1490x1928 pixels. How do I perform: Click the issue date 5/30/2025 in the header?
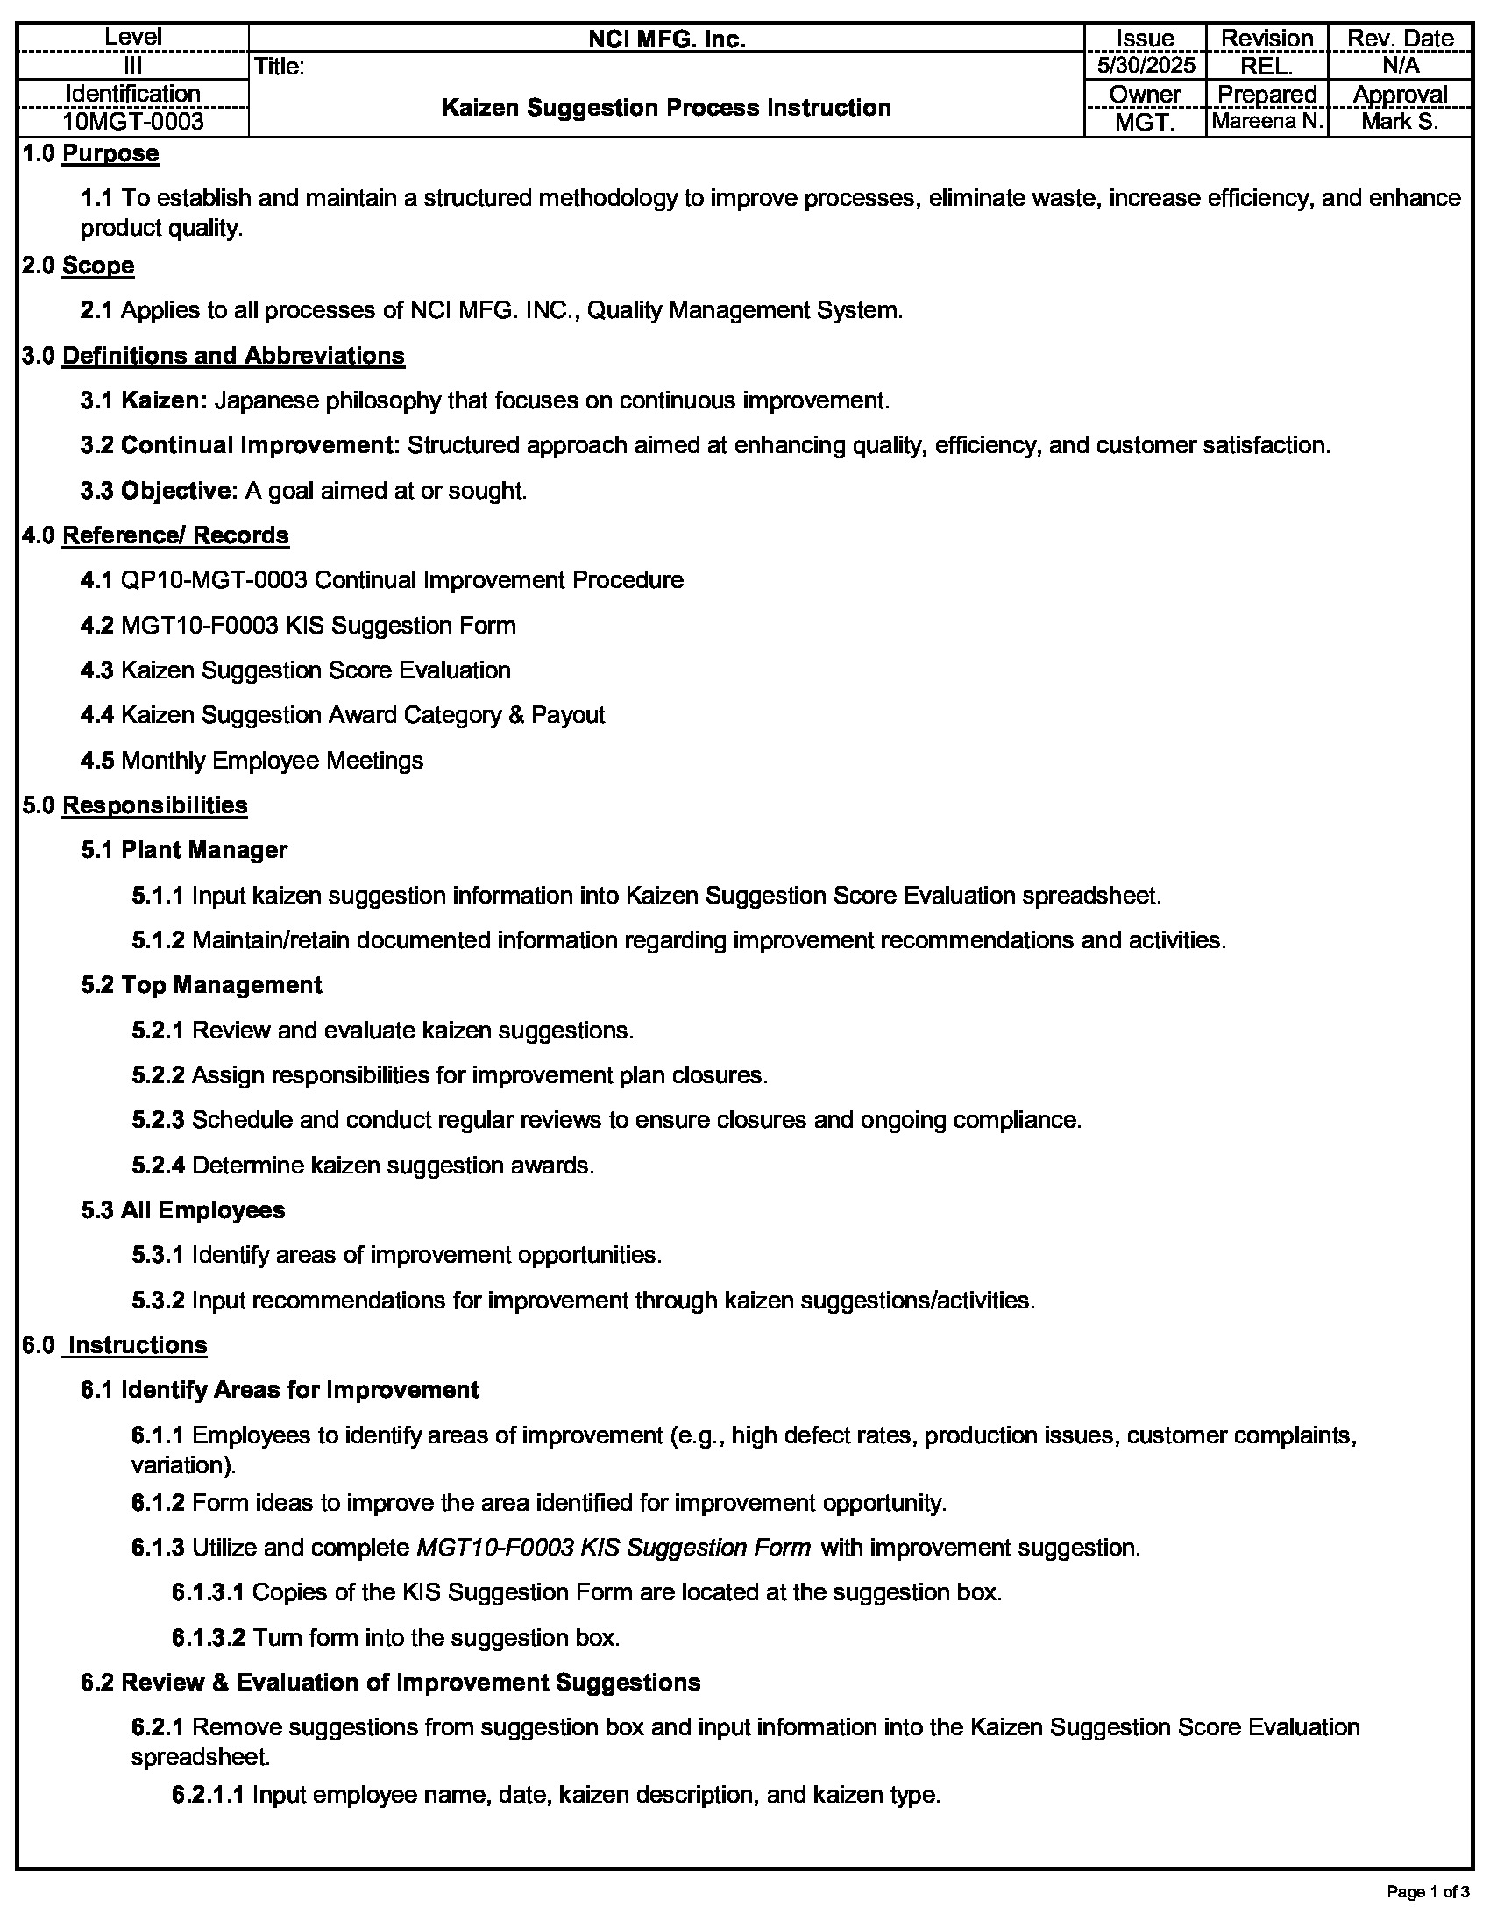[x=1145, y=66]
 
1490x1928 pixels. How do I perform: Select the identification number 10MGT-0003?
[x=133, y=122]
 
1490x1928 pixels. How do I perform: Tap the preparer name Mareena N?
[x=1266, y=122]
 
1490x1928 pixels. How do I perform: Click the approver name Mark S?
[x=1399, y=122]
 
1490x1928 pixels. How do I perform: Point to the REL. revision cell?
[x=1266, y=67]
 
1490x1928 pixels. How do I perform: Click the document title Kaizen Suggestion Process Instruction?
[x=665, y=108]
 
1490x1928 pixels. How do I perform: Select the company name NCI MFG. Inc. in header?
[x=666, y=39]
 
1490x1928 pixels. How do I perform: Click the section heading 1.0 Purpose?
[x=91, y=153]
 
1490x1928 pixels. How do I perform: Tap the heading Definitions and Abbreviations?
[x=233, y=356]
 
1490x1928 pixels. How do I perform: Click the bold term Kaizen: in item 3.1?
[x=163, y=400]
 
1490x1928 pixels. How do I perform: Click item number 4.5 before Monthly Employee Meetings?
[x=97, y=761]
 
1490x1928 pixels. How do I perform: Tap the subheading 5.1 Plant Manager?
[x=183, y=850]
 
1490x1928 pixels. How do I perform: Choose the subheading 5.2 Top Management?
[x=202, y=985]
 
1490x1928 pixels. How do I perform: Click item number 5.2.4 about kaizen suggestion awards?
[x=158, y=1166]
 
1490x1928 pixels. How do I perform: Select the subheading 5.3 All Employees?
[x=182, y=1210]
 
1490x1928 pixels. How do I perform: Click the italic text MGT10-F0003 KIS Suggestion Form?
[x=614, y=1548]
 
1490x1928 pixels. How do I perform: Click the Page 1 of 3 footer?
[x=1427, y=1892]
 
